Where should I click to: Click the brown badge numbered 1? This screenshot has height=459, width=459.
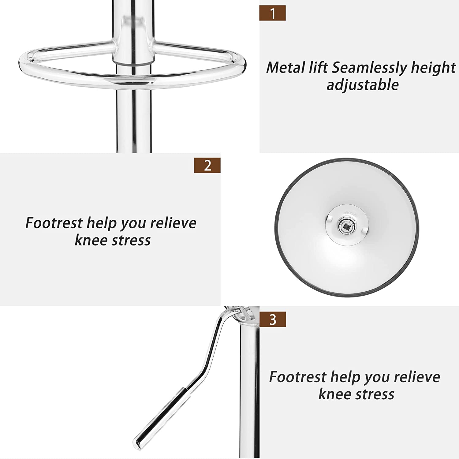(x=272, y=13)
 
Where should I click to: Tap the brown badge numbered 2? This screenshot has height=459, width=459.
(x=207, y=166)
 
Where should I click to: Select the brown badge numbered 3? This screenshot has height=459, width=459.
(x=272, y=319)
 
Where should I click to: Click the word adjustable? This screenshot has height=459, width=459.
(x=363, y=85)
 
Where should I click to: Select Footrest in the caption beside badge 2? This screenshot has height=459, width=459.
(x=54, y=223)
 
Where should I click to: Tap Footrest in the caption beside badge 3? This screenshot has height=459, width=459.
(x=297, y=377)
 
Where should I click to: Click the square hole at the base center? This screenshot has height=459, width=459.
(x=346, y=226)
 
